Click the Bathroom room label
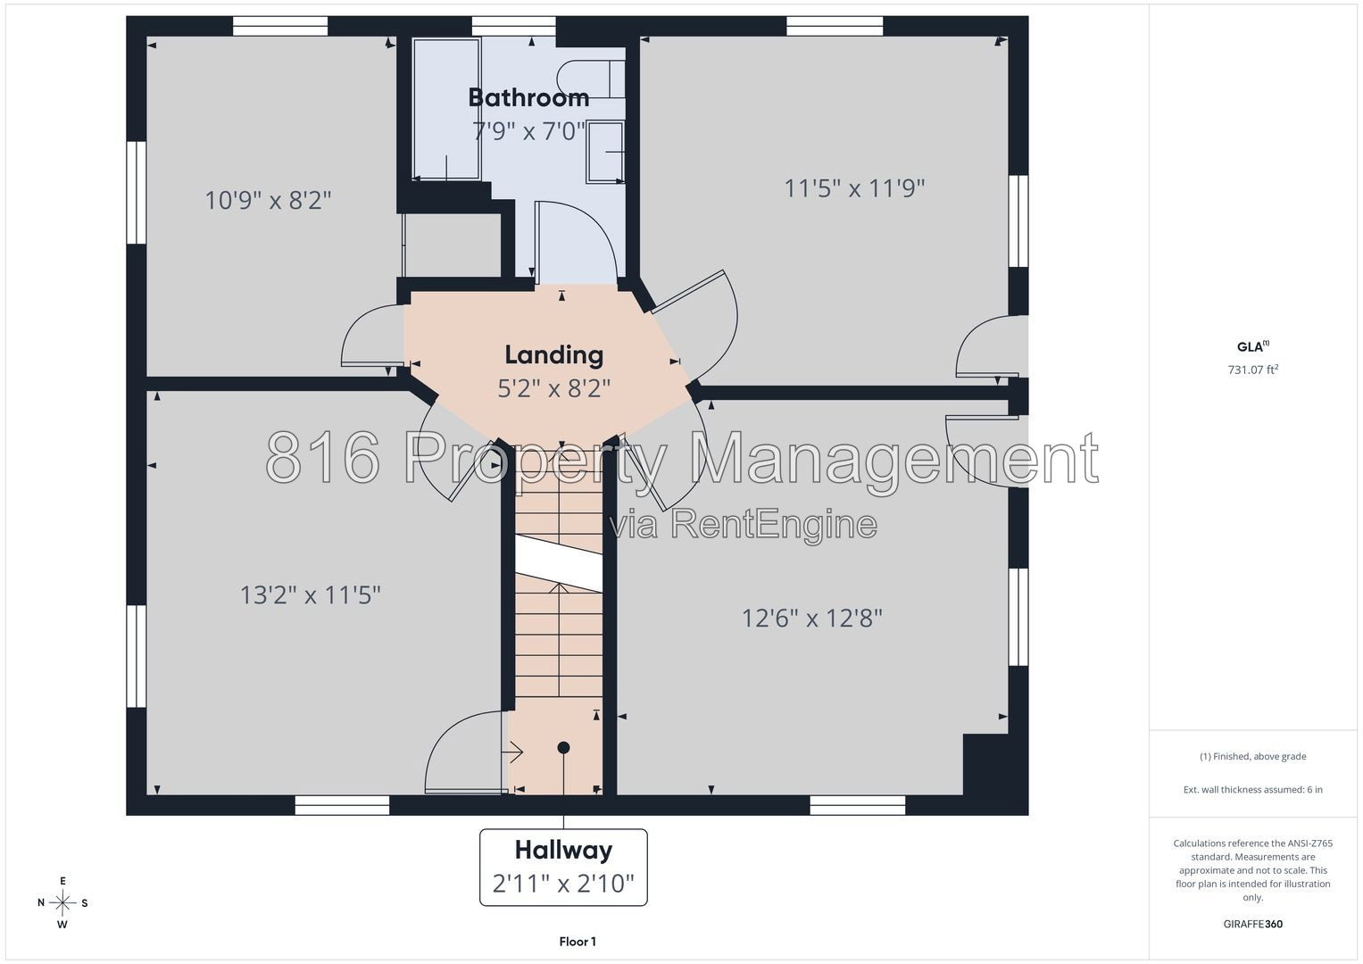click(x=528, y=97)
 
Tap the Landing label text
click(x=553, y=355)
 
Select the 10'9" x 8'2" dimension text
click(x=268, y=200)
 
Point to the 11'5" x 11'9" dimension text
click(x=854, y=188)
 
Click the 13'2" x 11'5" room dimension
click(x=311, y=594)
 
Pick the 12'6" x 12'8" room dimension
click(x=811, y=619)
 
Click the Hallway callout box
click(x=563, y=868)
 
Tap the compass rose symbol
click(x=62, y=902)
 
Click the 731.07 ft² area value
click(x=1253, y=370)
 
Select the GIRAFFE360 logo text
click(x=1253, y=924)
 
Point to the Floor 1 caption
click(x=578, y=942)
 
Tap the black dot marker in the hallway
click(x=563, y=747)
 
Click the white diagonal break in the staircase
click(x=559, y=563)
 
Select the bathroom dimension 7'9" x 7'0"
click(x=528, y=131)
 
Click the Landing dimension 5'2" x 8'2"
click(x=553, y=387)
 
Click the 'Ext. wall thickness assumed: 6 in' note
click(x=1253, y=789)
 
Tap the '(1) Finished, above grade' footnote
click(x=1253, y=757)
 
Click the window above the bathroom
click(x=513, y=26)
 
